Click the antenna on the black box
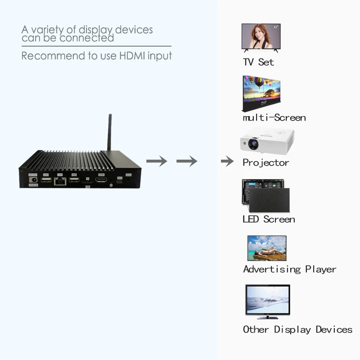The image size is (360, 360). point(109,133)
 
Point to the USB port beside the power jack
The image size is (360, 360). point(45,180)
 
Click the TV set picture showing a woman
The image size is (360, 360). point(261,36)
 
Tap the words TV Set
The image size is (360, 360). point(258,62)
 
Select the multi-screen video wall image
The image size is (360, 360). point(261,94)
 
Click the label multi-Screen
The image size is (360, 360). point(274,118)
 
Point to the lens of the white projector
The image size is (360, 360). point(252,144)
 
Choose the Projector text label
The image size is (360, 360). point(265,162)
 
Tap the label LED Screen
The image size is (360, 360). point(269,219)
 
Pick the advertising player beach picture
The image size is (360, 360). point(267,248)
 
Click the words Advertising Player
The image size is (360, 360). point(289,269)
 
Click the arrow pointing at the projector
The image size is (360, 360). point(227,161)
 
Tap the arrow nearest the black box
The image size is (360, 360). point(157,161)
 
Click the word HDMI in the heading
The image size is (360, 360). point(131,56)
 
